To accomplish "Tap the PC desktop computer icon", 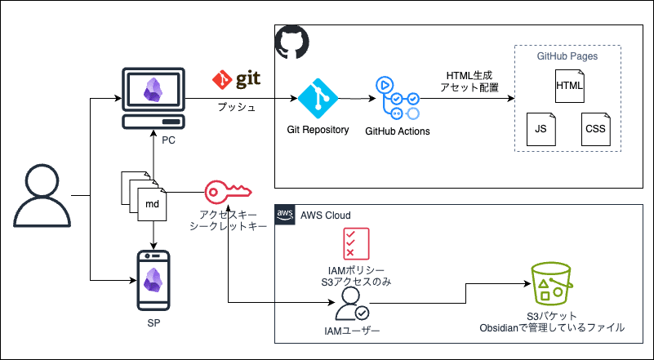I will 154,98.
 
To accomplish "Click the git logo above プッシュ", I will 236,80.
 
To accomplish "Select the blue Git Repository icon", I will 318,100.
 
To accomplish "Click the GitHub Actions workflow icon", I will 397,99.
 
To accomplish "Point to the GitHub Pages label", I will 567,56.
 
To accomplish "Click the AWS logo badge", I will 285,214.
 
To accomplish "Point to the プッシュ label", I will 236,107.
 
